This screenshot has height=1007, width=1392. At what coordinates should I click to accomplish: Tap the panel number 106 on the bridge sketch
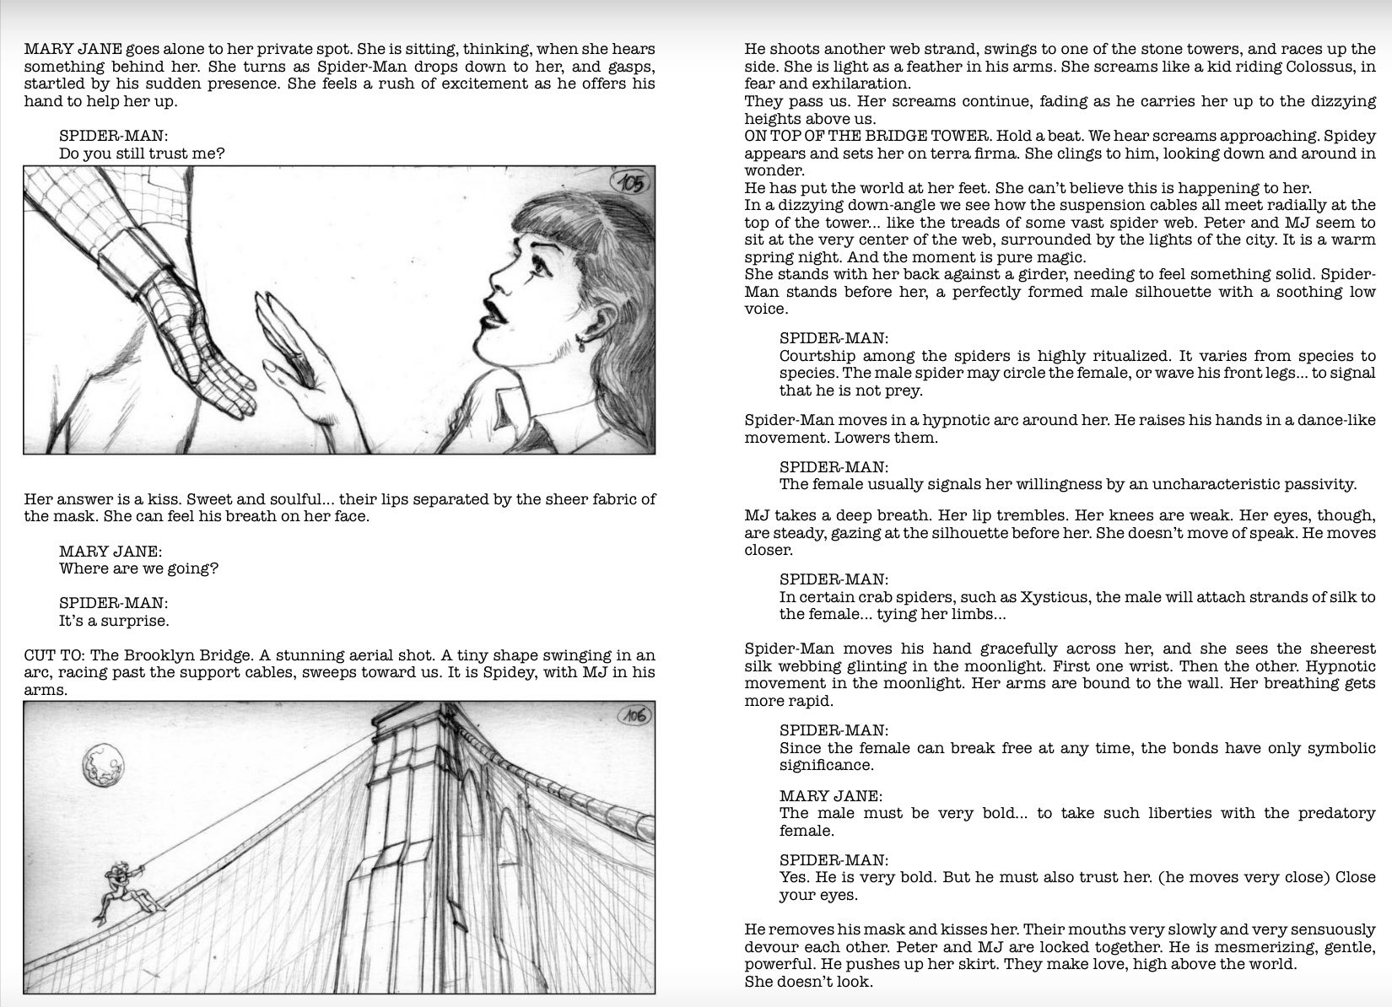[x=634, y=716]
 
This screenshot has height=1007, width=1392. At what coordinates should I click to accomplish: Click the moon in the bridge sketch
[x=103, y=763]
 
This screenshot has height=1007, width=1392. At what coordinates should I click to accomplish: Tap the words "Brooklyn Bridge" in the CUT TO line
[x=187, y=655]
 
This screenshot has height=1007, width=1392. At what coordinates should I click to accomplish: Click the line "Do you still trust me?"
[x=142, y=153]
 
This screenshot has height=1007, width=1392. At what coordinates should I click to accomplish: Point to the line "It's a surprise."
[x=114, y=621]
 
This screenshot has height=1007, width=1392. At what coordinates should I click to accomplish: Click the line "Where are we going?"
[x=138, y=568]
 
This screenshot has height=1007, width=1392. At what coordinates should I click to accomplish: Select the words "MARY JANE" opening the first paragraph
[x=73, y=49]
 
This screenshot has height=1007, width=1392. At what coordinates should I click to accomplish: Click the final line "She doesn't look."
[x=808, y=982]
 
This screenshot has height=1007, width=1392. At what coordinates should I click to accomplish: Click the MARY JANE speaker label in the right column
[x=831, y=796]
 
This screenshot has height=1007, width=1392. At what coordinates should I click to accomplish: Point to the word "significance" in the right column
[x=827, y=765]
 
